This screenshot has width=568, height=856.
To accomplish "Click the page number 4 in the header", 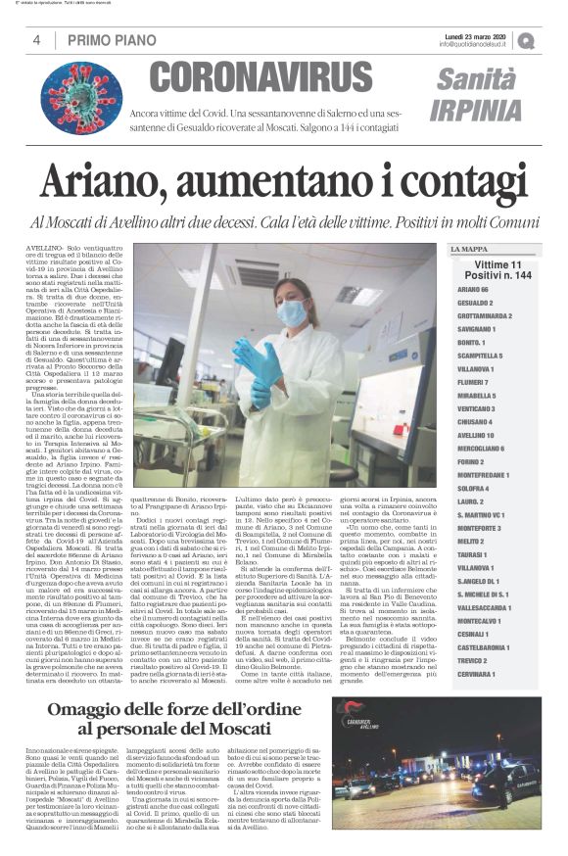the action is (36, 40).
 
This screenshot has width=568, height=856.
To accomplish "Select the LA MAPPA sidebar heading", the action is (468, 249).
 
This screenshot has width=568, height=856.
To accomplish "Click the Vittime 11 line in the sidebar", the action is (497, 265).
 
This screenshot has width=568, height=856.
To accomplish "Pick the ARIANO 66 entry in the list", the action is (472, 290).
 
